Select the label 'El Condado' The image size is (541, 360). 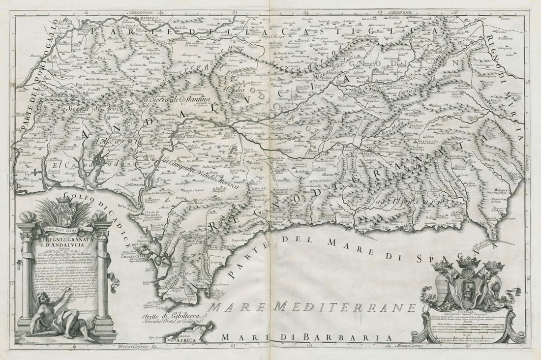click(71, 165)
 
